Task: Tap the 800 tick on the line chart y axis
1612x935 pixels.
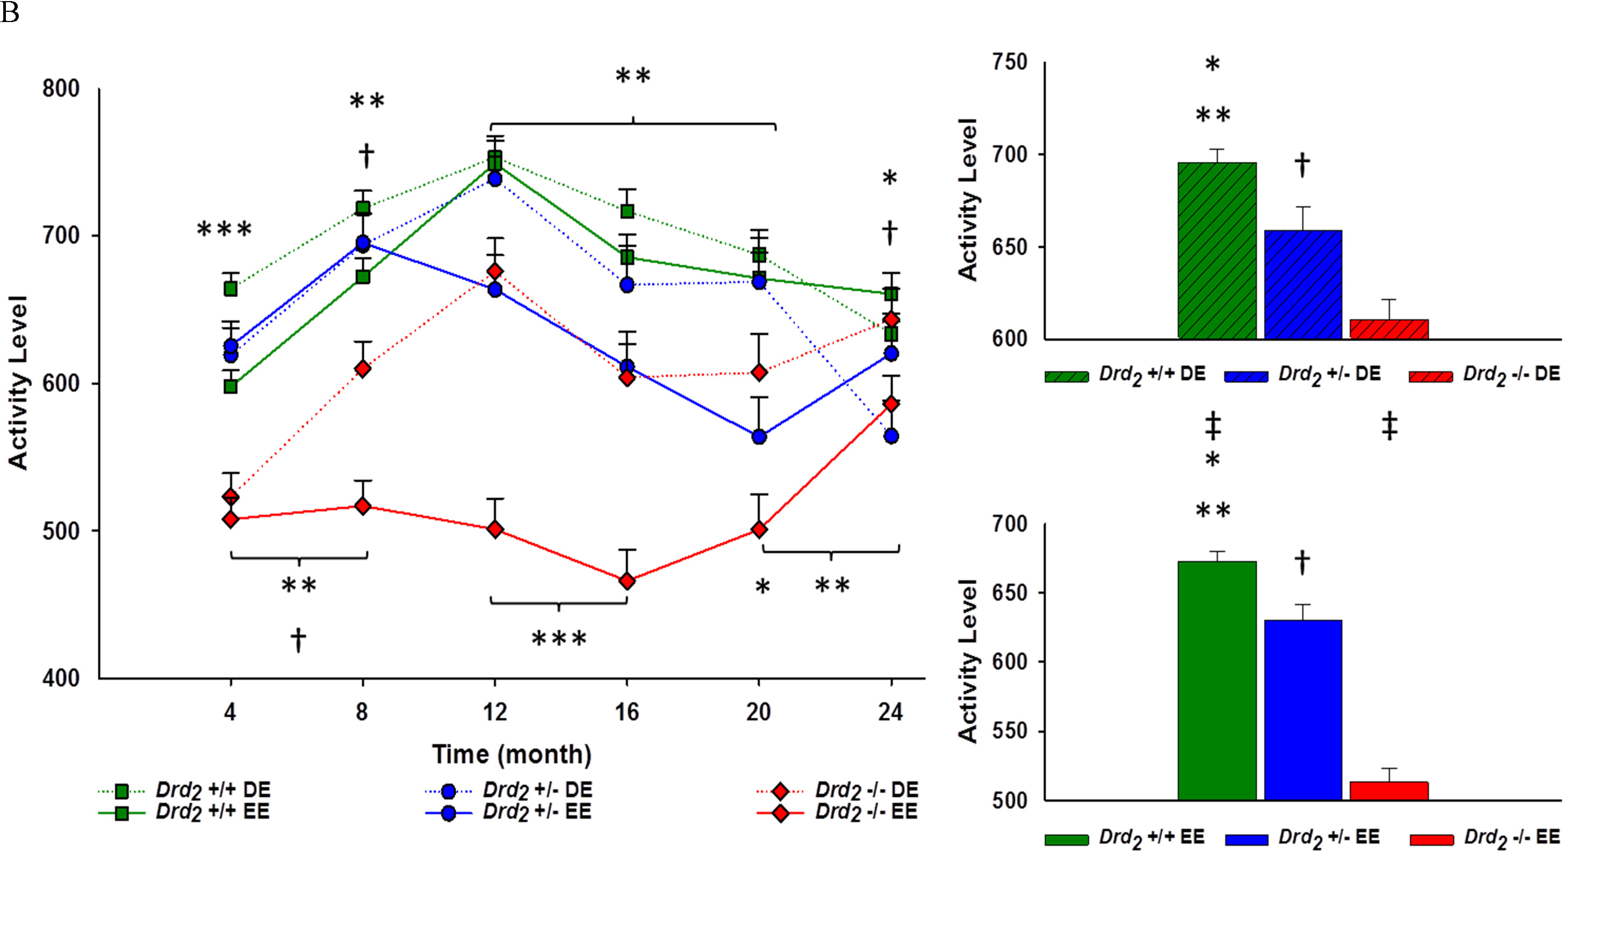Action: [x=61, y=89]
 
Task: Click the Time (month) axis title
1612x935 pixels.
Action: [x=511, y=754]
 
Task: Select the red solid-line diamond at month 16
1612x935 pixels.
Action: [x=627, y=581]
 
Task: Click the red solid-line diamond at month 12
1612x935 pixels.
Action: [x=494, y=529]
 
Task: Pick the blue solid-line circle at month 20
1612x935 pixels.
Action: [x=759, y=437]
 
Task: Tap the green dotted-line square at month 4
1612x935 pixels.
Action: [x=231, y=289]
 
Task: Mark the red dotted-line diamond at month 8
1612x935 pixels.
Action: [x=363, y=369]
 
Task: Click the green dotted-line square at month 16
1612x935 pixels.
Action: [x=627, y=211]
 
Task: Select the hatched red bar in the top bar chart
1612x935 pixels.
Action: [x=1389, y=329]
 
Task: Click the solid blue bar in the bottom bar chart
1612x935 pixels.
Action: [x=1302, y=709]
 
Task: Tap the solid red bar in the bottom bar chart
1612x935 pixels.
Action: [x=1389, y=790]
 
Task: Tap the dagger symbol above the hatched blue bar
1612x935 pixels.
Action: [x=1302, y=165]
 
